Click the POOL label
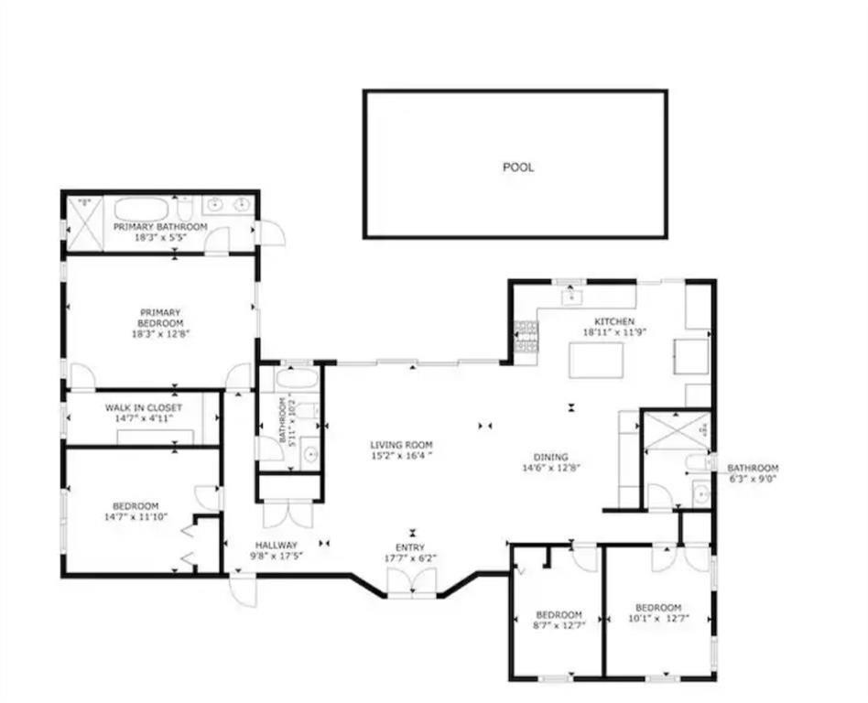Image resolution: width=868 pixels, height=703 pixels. (x=517, y=167)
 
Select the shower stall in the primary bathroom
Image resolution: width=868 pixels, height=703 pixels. (x=82, y=222)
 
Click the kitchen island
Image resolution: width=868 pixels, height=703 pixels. (x=595, y=360)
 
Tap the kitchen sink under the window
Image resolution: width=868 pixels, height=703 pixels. (x=572, y=296)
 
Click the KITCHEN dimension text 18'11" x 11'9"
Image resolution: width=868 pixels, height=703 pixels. (x=614, y=333)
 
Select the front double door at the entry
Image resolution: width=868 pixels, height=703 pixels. (x=411, y=582)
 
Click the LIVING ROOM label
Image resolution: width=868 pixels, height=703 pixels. (x=401, y=446)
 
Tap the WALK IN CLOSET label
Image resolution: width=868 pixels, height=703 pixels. (x=143, y=407)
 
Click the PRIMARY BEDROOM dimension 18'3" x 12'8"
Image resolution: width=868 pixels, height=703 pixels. (x=160, y=334)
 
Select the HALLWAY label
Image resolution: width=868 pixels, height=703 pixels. (x=276, y=545)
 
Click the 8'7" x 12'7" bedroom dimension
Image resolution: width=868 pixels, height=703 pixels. (x=559, y=626)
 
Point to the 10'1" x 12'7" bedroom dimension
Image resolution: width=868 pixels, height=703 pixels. (x=658, y=620)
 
